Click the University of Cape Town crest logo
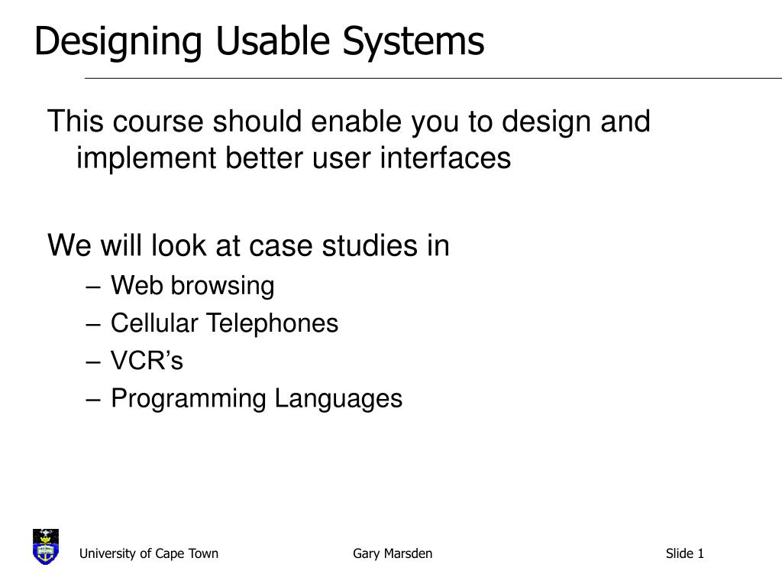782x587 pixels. pos(46,546)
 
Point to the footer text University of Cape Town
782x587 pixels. pos(150,553)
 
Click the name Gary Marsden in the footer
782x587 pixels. pos(393,553)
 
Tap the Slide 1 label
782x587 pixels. pos(684,553)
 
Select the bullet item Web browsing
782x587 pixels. pos(192,286)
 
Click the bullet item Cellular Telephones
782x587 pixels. pos(225,323)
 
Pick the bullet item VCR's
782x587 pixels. pos(147,361)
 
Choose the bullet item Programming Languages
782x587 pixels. pos(257,398)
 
